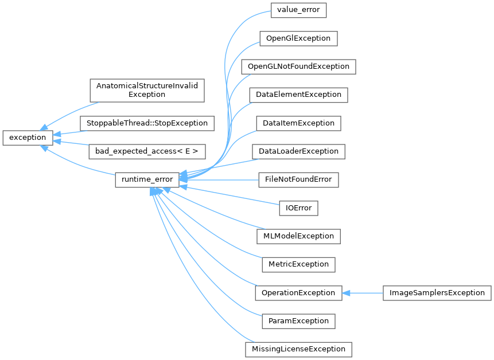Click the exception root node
click(x=28, y=138)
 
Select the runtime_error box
click(x=147, y=179)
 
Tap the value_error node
click(x=298, y=10)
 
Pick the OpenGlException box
click(x=298, y=38)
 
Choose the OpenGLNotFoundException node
click(x=298, y=66)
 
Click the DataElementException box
click(x=298, y=95)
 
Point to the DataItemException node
click(x=298, y=123)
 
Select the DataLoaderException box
click(x=298, y=151)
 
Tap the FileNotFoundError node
click(x=298, y=179)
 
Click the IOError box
click(x=298, y=208)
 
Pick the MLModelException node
click(x=298, y=236)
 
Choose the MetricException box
click(x=298, y=264)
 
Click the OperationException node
click(x=298, y=292)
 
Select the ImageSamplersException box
click(x=437, y=292)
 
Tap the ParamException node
click(x=298, y=320)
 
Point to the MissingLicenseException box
click(x=298, y=349)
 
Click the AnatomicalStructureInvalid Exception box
click(x=147, y=90)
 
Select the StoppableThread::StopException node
click(x=147, y=123)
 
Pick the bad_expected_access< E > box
click(x=147, y=151)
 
